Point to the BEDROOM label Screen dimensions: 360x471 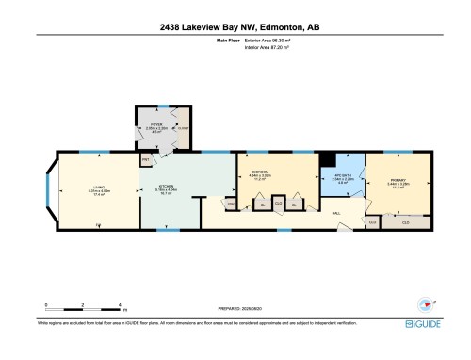tap(260, 173)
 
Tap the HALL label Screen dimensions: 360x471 tap(335, 213)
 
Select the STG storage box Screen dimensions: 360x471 tap(230, 203)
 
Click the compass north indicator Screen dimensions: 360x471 tap(427, 304)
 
